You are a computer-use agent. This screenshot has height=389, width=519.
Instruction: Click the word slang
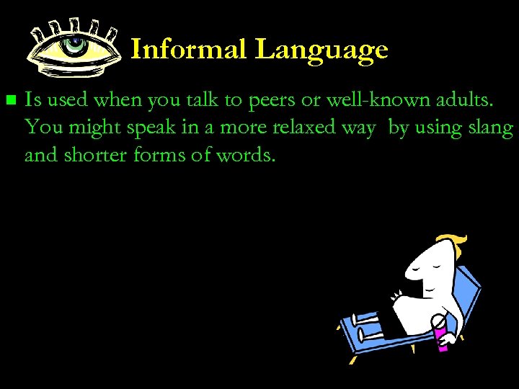point(492,128)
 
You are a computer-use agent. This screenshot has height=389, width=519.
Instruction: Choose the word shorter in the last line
point(102,154)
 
